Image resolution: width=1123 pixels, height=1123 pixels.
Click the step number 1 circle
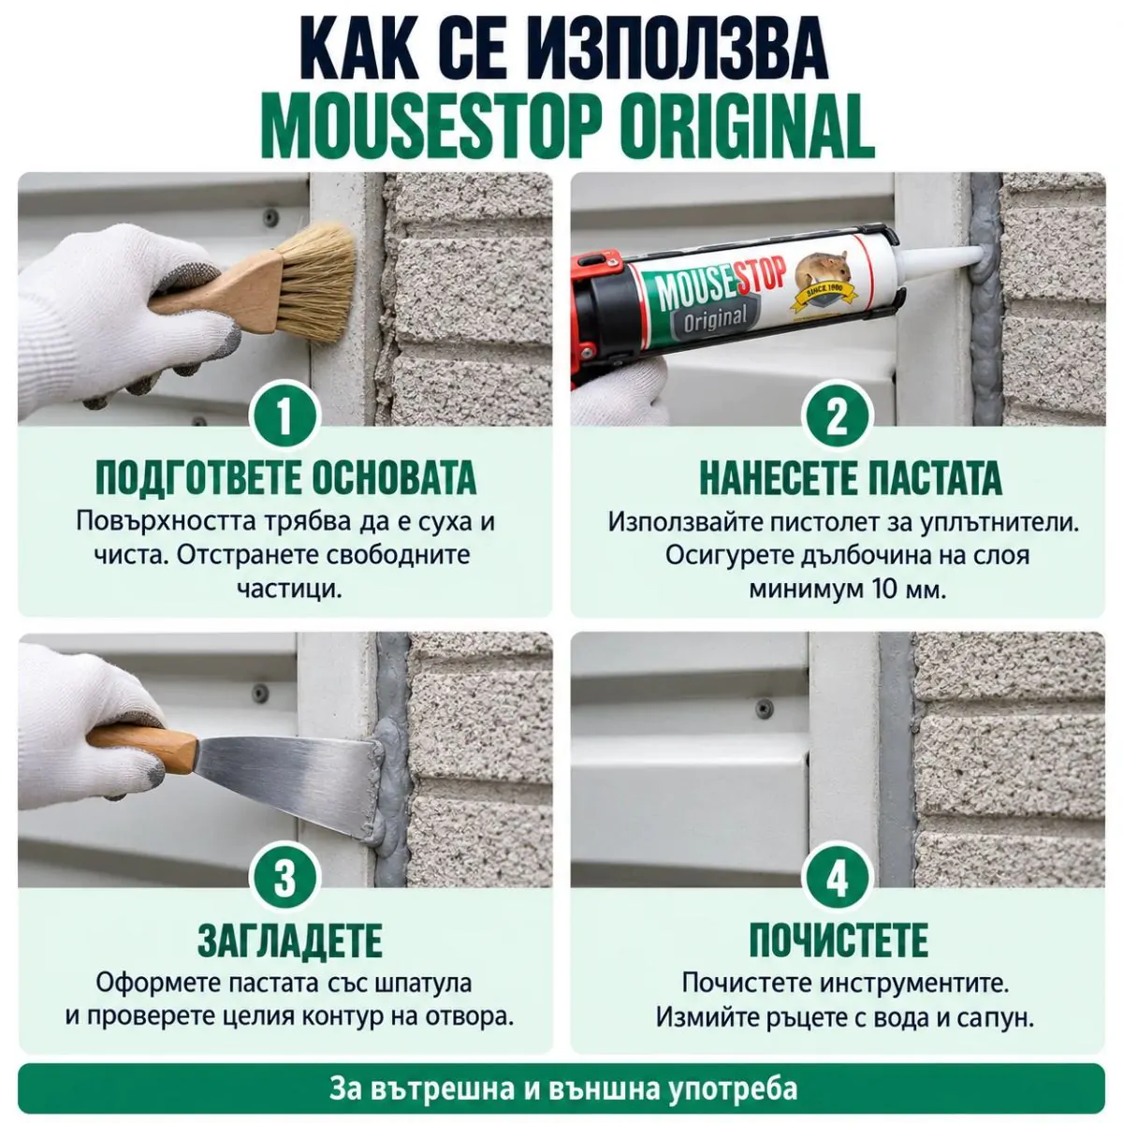[284, 416]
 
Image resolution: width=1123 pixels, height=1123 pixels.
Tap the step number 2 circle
[837, 416]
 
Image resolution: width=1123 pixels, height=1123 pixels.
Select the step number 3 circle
[284, 877]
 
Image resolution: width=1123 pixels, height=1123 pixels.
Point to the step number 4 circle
[837, 877]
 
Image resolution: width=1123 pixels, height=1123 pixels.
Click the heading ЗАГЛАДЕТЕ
[289, 940]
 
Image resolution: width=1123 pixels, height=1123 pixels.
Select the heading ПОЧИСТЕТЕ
[839, 940]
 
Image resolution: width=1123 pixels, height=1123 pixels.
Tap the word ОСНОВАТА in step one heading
[394, 478]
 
